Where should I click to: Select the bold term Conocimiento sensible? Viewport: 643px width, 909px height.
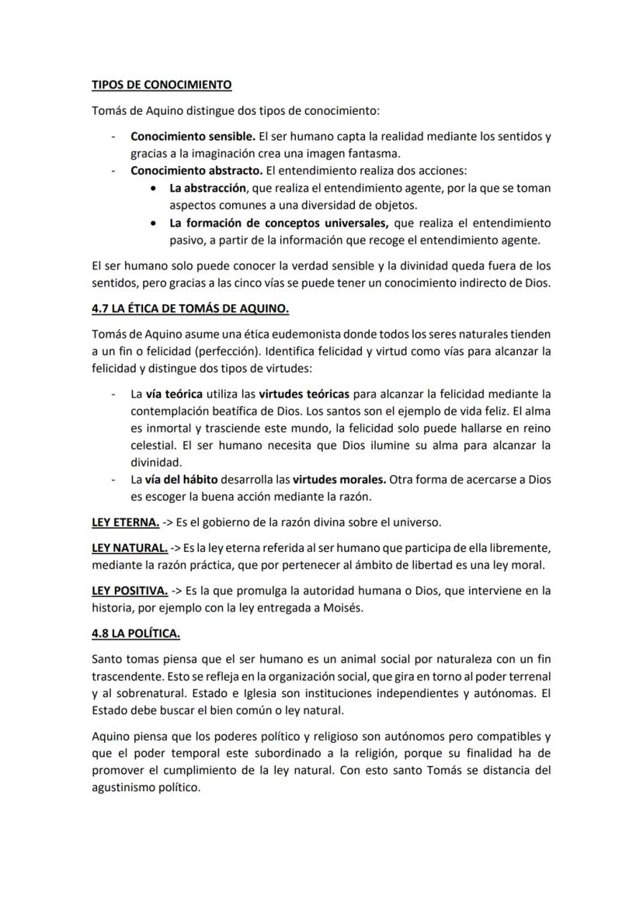(x=193, y=137)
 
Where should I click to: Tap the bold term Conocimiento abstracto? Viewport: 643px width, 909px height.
(x=194, y=170)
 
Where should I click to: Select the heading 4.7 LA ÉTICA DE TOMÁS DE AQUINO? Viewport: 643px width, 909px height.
(x=190, y=309)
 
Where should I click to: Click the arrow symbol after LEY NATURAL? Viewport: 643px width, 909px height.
(x=177, y=548)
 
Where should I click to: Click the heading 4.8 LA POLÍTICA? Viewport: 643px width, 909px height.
(x=136, y=633)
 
